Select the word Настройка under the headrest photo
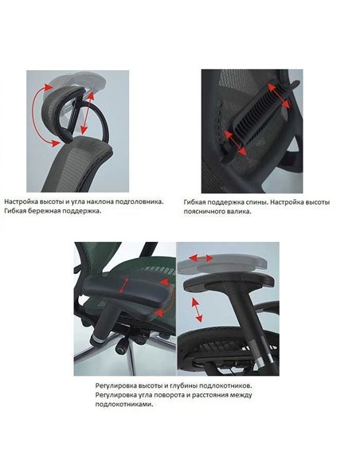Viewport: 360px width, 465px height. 23,202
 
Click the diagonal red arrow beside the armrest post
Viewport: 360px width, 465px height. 194,306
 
